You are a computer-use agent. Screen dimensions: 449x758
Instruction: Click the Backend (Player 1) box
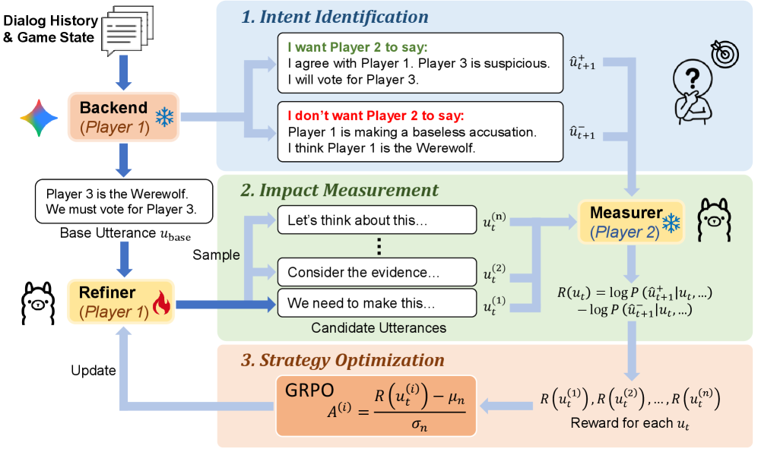coord(123,117)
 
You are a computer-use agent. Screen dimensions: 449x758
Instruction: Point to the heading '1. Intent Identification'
coord(335,17)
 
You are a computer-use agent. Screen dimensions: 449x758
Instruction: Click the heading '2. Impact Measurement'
coord(340,191)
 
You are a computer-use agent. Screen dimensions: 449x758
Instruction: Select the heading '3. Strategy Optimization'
coord(344,360)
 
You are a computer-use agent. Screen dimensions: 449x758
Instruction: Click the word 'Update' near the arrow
coord(93,371)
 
